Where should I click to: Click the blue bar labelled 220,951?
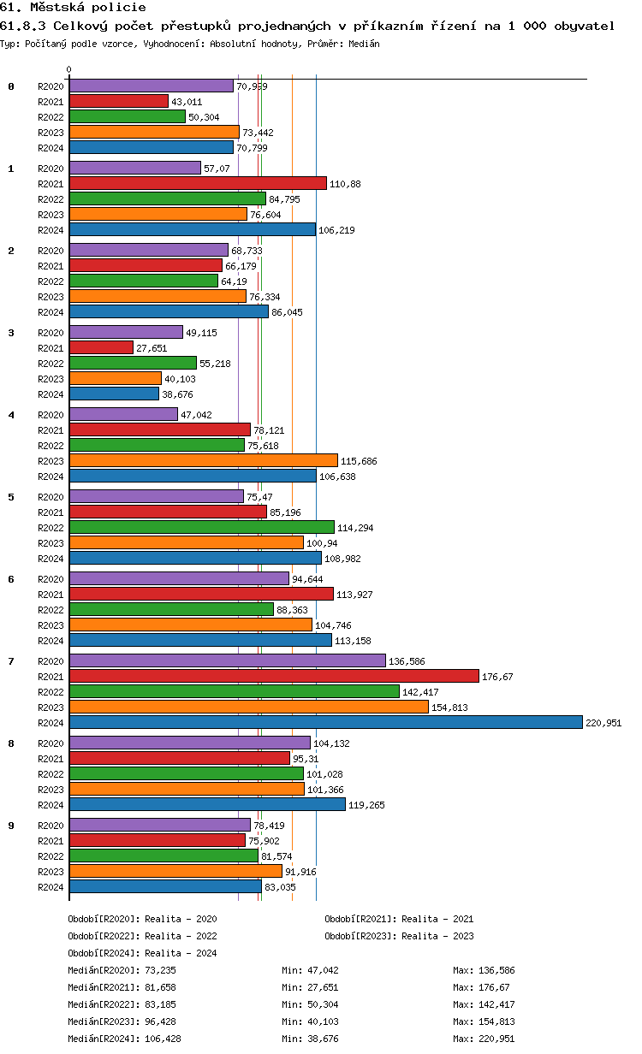325,722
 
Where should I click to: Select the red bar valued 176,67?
274,676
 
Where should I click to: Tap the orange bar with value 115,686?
203,460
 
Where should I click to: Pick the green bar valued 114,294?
201,527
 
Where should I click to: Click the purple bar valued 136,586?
227,660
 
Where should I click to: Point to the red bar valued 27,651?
101,347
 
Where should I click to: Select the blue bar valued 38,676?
114,394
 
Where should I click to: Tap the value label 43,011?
187,102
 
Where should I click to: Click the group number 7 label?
11,661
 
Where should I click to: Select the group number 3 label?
11,333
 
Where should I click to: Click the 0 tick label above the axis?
69,70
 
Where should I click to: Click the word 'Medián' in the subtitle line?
363,43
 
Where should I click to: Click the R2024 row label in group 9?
51,887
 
